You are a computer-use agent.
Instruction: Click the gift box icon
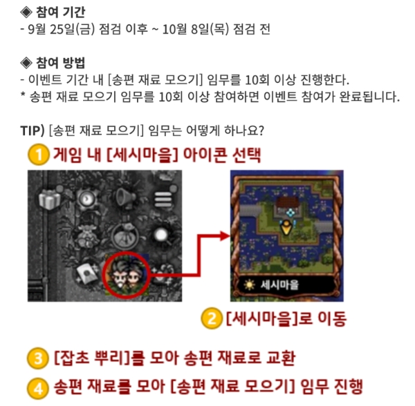coord(50,199)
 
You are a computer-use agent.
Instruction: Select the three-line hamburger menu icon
coord(163,200)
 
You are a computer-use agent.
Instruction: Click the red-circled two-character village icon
coord(127,275)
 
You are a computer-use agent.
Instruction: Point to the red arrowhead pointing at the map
coord(225,235)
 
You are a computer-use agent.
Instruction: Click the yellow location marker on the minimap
coord(286,228)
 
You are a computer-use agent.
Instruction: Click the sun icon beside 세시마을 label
coord(249,284)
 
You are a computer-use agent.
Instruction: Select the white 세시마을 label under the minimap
coord(279,284)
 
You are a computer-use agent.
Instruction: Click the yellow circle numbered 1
coord(38,155)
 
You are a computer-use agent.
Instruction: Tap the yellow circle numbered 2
coord(212,318)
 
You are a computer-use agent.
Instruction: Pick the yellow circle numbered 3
coord(38,358)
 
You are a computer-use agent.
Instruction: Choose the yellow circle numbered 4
coord(38,388)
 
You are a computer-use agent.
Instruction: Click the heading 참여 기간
coord(61,12)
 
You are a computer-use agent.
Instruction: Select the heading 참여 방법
coord(61,63)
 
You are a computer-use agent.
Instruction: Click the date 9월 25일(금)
coord(61,29)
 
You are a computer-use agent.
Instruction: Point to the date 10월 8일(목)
coord(195,29)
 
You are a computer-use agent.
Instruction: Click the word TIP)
coord(33,130)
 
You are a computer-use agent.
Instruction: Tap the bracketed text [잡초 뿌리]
coord(93,358)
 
